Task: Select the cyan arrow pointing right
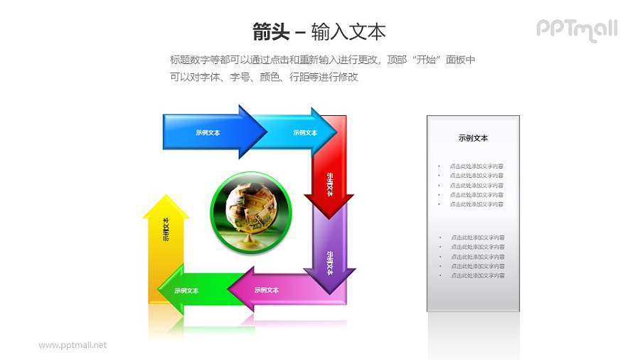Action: click(299, 132)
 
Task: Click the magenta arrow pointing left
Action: click(274, 290)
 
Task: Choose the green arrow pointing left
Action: click(191, 290)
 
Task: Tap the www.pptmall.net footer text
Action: click(73, 345)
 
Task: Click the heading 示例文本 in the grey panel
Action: click(473, 138)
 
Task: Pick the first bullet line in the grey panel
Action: click(476, 166)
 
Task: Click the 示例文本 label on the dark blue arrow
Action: click(208, 132)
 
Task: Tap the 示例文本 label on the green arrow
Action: click(186, 290)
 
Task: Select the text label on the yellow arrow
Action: click(166, 229)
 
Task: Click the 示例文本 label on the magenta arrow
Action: click(266, 290)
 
